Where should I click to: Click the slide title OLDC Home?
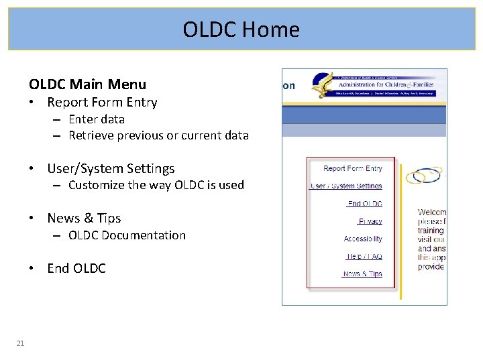pos(241,29)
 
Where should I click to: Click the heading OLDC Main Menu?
pos(87,84)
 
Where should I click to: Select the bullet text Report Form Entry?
pos(102,103)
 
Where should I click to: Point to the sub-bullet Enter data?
pos(96,119)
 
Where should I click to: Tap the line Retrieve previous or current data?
pos(158,135)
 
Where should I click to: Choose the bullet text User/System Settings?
pos(111,169)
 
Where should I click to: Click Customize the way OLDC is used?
pos(156,185)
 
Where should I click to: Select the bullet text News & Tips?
pos(84,219)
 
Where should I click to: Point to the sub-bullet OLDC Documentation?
pos(127,235)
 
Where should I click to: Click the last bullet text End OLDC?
pos(76,269)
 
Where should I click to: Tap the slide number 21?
pos(20,344)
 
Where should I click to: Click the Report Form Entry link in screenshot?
pos(353,169)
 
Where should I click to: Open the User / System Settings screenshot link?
pos(346,186)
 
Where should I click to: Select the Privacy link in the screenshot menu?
pos(370,221)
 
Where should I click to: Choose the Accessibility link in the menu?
pos(363,239)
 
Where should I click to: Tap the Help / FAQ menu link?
pos(364,256)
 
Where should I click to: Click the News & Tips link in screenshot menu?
pos(362,274)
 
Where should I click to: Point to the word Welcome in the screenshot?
pos(431,213)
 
